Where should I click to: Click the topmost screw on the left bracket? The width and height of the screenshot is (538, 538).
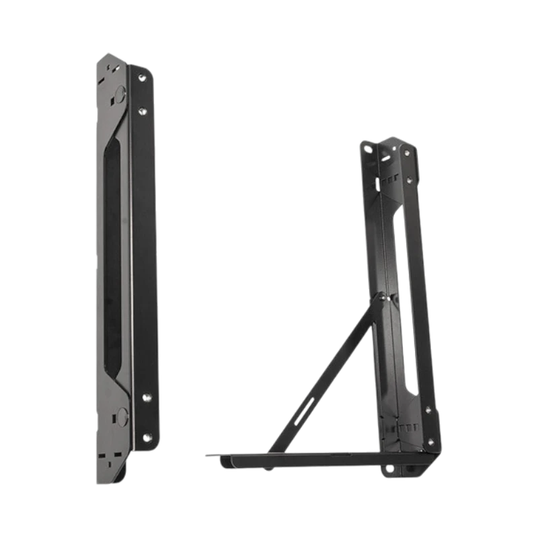[x=142, y=79]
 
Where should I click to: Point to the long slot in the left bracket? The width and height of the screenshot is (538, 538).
[x=112, y=256]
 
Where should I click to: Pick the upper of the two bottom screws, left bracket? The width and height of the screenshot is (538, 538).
[x=143, y=398]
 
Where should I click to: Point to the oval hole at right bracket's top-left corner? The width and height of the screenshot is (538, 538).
[x=366, y=146]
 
